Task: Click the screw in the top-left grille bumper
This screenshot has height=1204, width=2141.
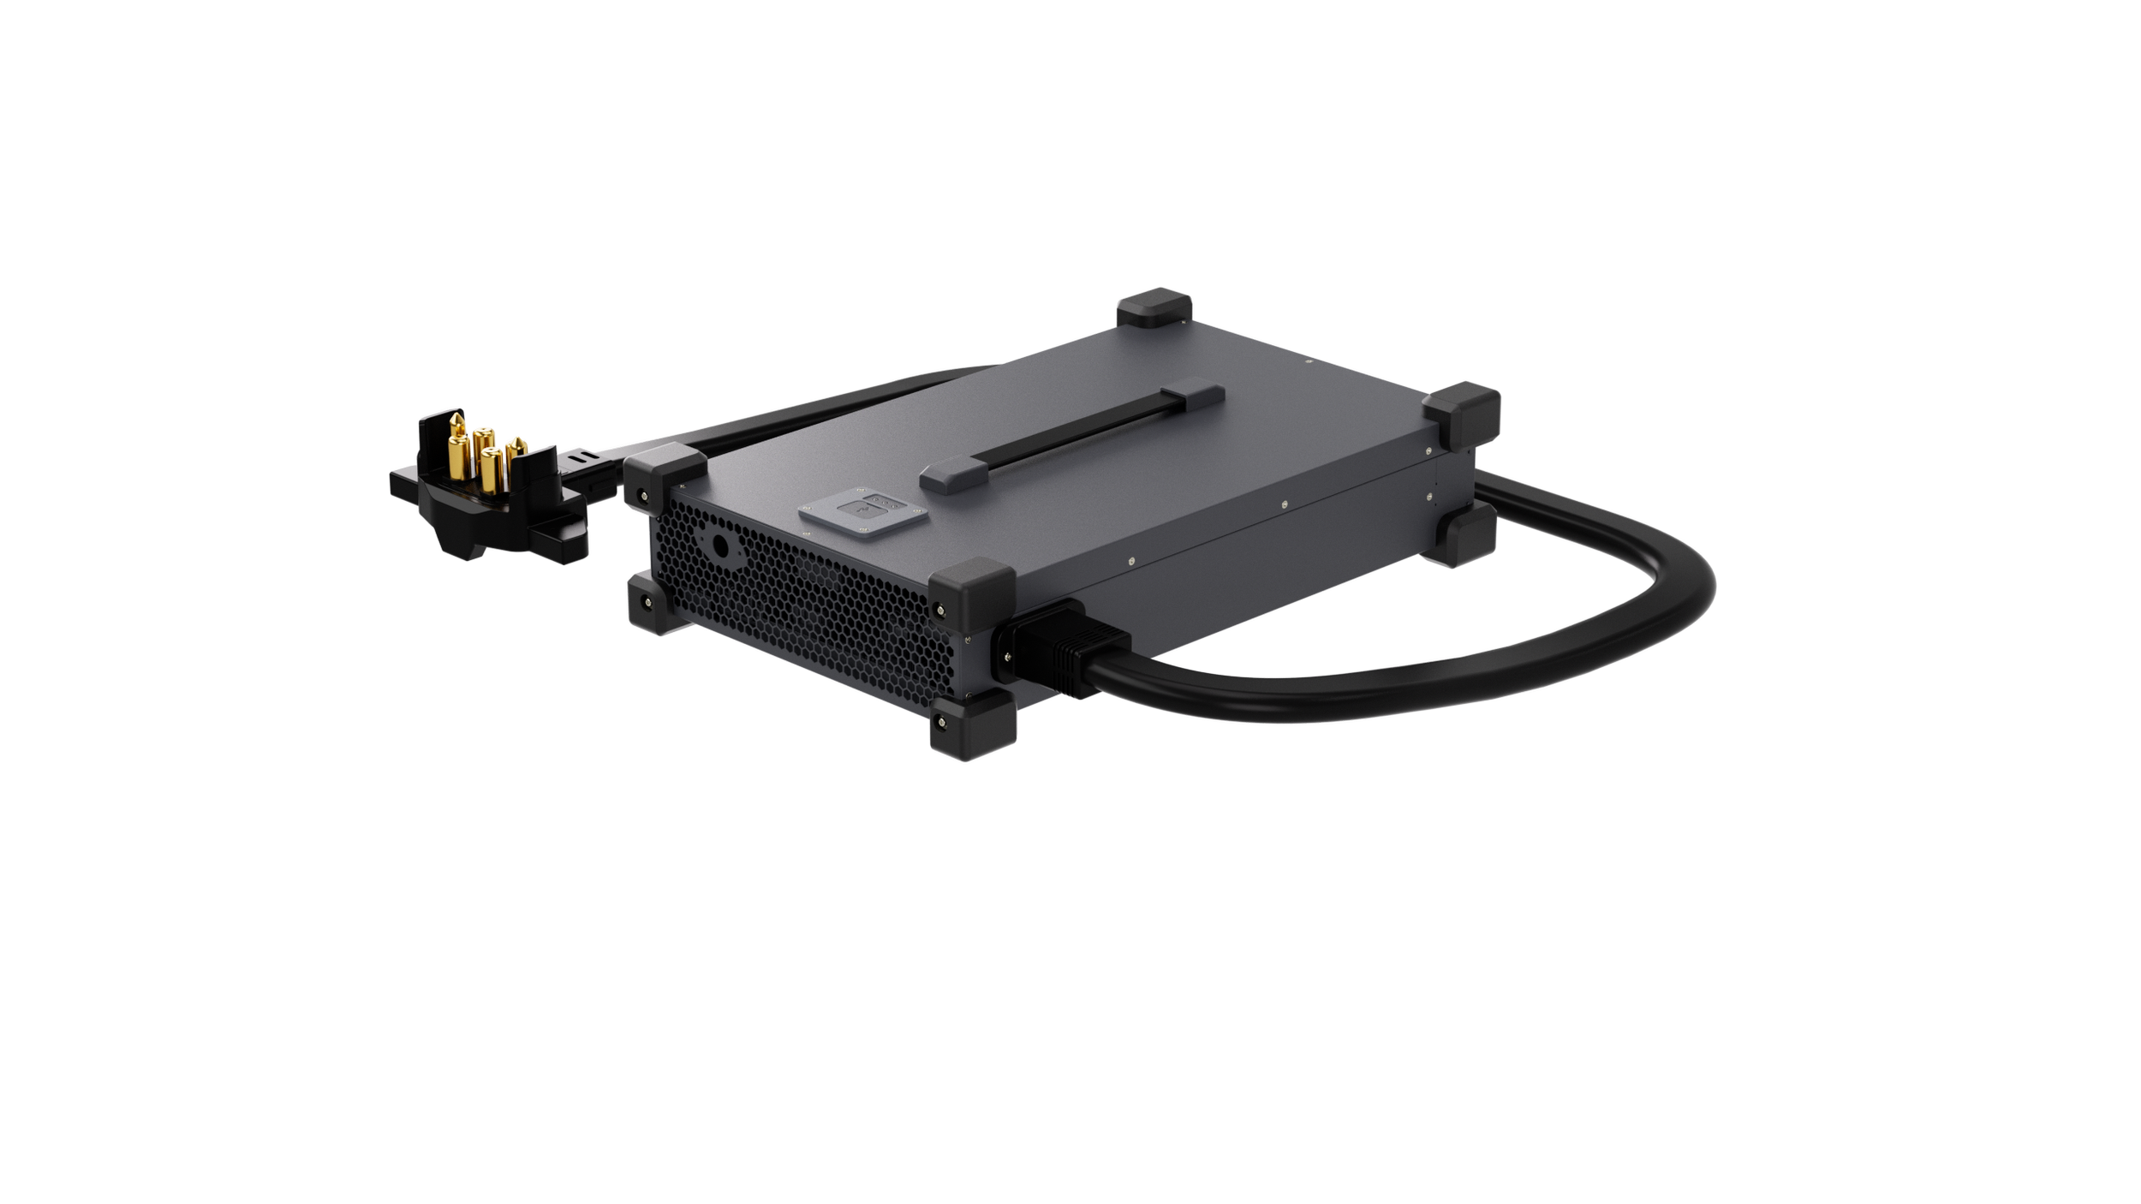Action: click(641, 494)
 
